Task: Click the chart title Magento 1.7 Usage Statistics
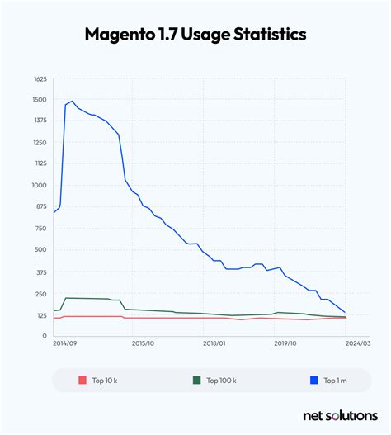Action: click(195, 35)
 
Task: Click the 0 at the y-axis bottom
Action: click(43, 336)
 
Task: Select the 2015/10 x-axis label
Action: click(144, 343)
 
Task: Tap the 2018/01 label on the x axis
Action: click(214, 343)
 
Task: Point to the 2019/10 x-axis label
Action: click(285, 343)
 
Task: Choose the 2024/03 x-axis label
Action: click(358, 343)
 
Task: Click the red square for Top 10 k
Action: click(82, 381)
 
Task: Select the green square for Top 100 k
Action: click(197, 381)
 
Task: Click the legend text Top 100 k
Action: click(221, 381)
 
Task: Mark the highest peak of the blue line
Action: click(73, 102)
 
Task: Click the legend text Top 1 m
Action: click(335, 381)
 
